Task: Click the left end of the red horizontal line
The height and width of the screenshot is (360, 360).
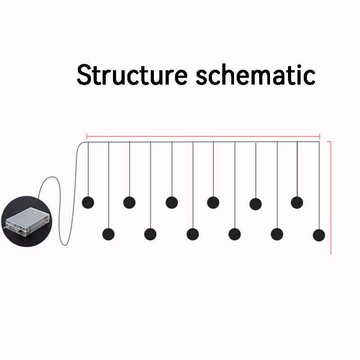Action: tap(86, 135)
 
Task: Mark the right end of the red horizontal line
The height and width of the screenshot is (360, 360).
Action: tap(319, 135)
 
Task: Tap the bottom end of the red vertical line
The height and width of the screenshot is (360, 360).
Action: tap(331, 254)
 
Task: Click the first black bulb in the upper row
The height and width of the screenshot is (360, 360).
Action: tap(88, 202)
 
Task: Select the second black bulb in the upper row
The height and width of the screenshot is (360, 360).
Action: tap(130, 202)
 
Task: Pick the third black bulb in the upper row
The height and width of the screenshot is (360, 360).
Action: tap(171, 202)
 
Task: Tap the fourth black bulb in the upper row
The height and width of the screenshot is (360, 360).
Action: tap(213, 202)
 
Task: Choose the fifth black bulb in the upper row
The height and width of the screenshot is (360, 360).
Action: tap(256, 204)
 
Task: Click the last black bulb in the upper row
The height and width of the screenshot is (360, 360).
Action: tap(297, 202)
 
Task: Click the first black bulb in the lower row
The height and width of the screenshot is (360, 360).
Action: tap(108, 234)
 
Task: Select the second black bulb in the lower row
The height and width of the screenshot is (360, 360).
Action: tap(150, 234)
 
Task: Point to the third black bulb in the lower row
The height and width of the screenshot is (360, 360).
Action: tap(193, 234)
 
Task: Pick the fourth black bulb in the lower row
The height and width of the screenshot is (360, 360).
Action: tap(234, 234)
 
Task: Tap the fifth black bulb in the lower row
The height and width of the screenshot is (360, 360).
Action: tap(277, 234)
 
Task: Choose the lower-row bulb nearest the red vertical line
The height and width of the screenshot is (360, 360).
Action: tap(319, 235)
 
